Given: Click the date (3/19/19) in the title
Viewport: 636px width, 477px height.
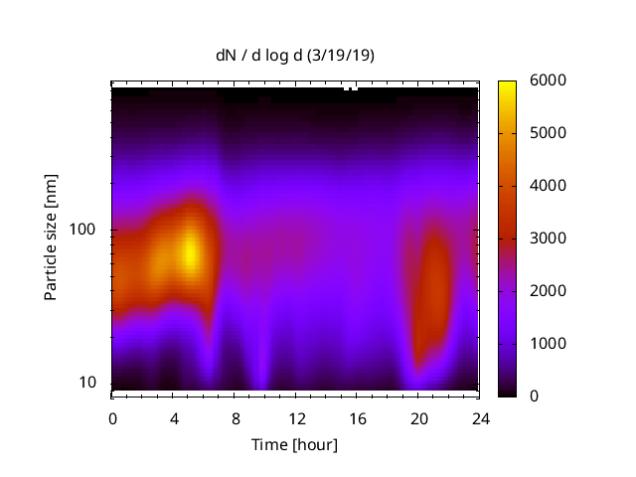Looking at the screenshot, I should (344, 56).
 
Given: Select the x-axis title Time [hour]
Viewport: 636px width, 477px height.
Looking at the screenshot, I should (294, 444).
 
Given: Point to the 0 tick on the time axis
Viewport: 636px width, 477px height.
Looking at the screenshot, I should (112, 417).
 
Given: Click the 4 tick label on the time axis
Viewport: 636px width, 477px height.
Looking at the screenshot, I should (174, 417).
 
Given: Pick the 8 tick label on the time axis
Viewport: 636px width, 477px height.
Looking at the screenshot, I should (236, 417).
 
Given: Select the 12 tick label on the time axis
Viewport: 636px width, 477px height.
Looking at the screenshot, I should (296, 417).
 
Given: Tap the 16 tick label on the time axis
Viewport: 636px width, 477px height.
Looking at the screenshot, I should (358, 417).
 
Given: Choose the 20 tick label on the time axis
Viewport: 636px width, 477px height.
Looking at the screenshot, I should (419, 417).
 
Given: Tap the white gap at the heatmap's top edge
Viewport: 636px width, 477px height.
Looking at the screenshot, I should (350, 87).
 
